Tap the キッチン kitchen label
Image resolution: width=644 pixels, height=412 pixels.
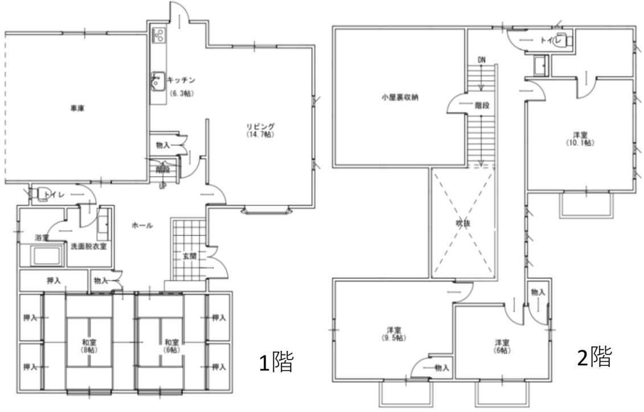(181, 81)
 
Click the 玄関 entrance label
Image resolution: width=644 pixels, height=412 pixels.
(190, 256)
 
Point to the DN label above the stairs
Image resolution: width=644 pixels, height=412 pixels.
(482, 60)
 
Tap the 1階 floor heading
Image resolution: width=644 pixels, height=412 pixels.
(276, 362)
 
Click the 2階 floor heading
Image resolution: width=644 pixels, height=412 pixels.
(595, 357)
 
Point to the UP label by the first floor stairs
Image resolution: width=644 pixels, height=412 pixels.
(163, 185)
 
